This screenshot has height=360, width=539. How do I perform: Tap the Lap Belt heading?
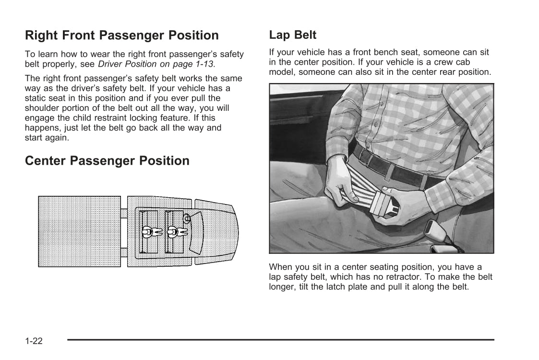(x=292, y=35)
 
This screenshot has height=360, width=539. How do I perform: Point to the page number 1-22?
(x=34, y=341)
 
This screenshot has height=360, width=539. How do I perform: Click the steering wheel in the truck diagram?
(x=187, y=219)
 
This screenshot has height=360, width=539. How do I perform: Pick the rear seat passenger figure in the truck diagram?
(x=152, y=232)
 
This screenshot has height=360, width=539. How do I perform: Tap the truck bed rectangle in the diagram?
(x=79, y=231)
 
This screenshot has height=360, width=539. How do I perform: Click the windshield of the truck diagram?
(x=197, y=233)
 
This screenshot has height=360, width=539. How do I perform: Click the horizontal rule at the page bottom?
(x=280, y=340)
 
